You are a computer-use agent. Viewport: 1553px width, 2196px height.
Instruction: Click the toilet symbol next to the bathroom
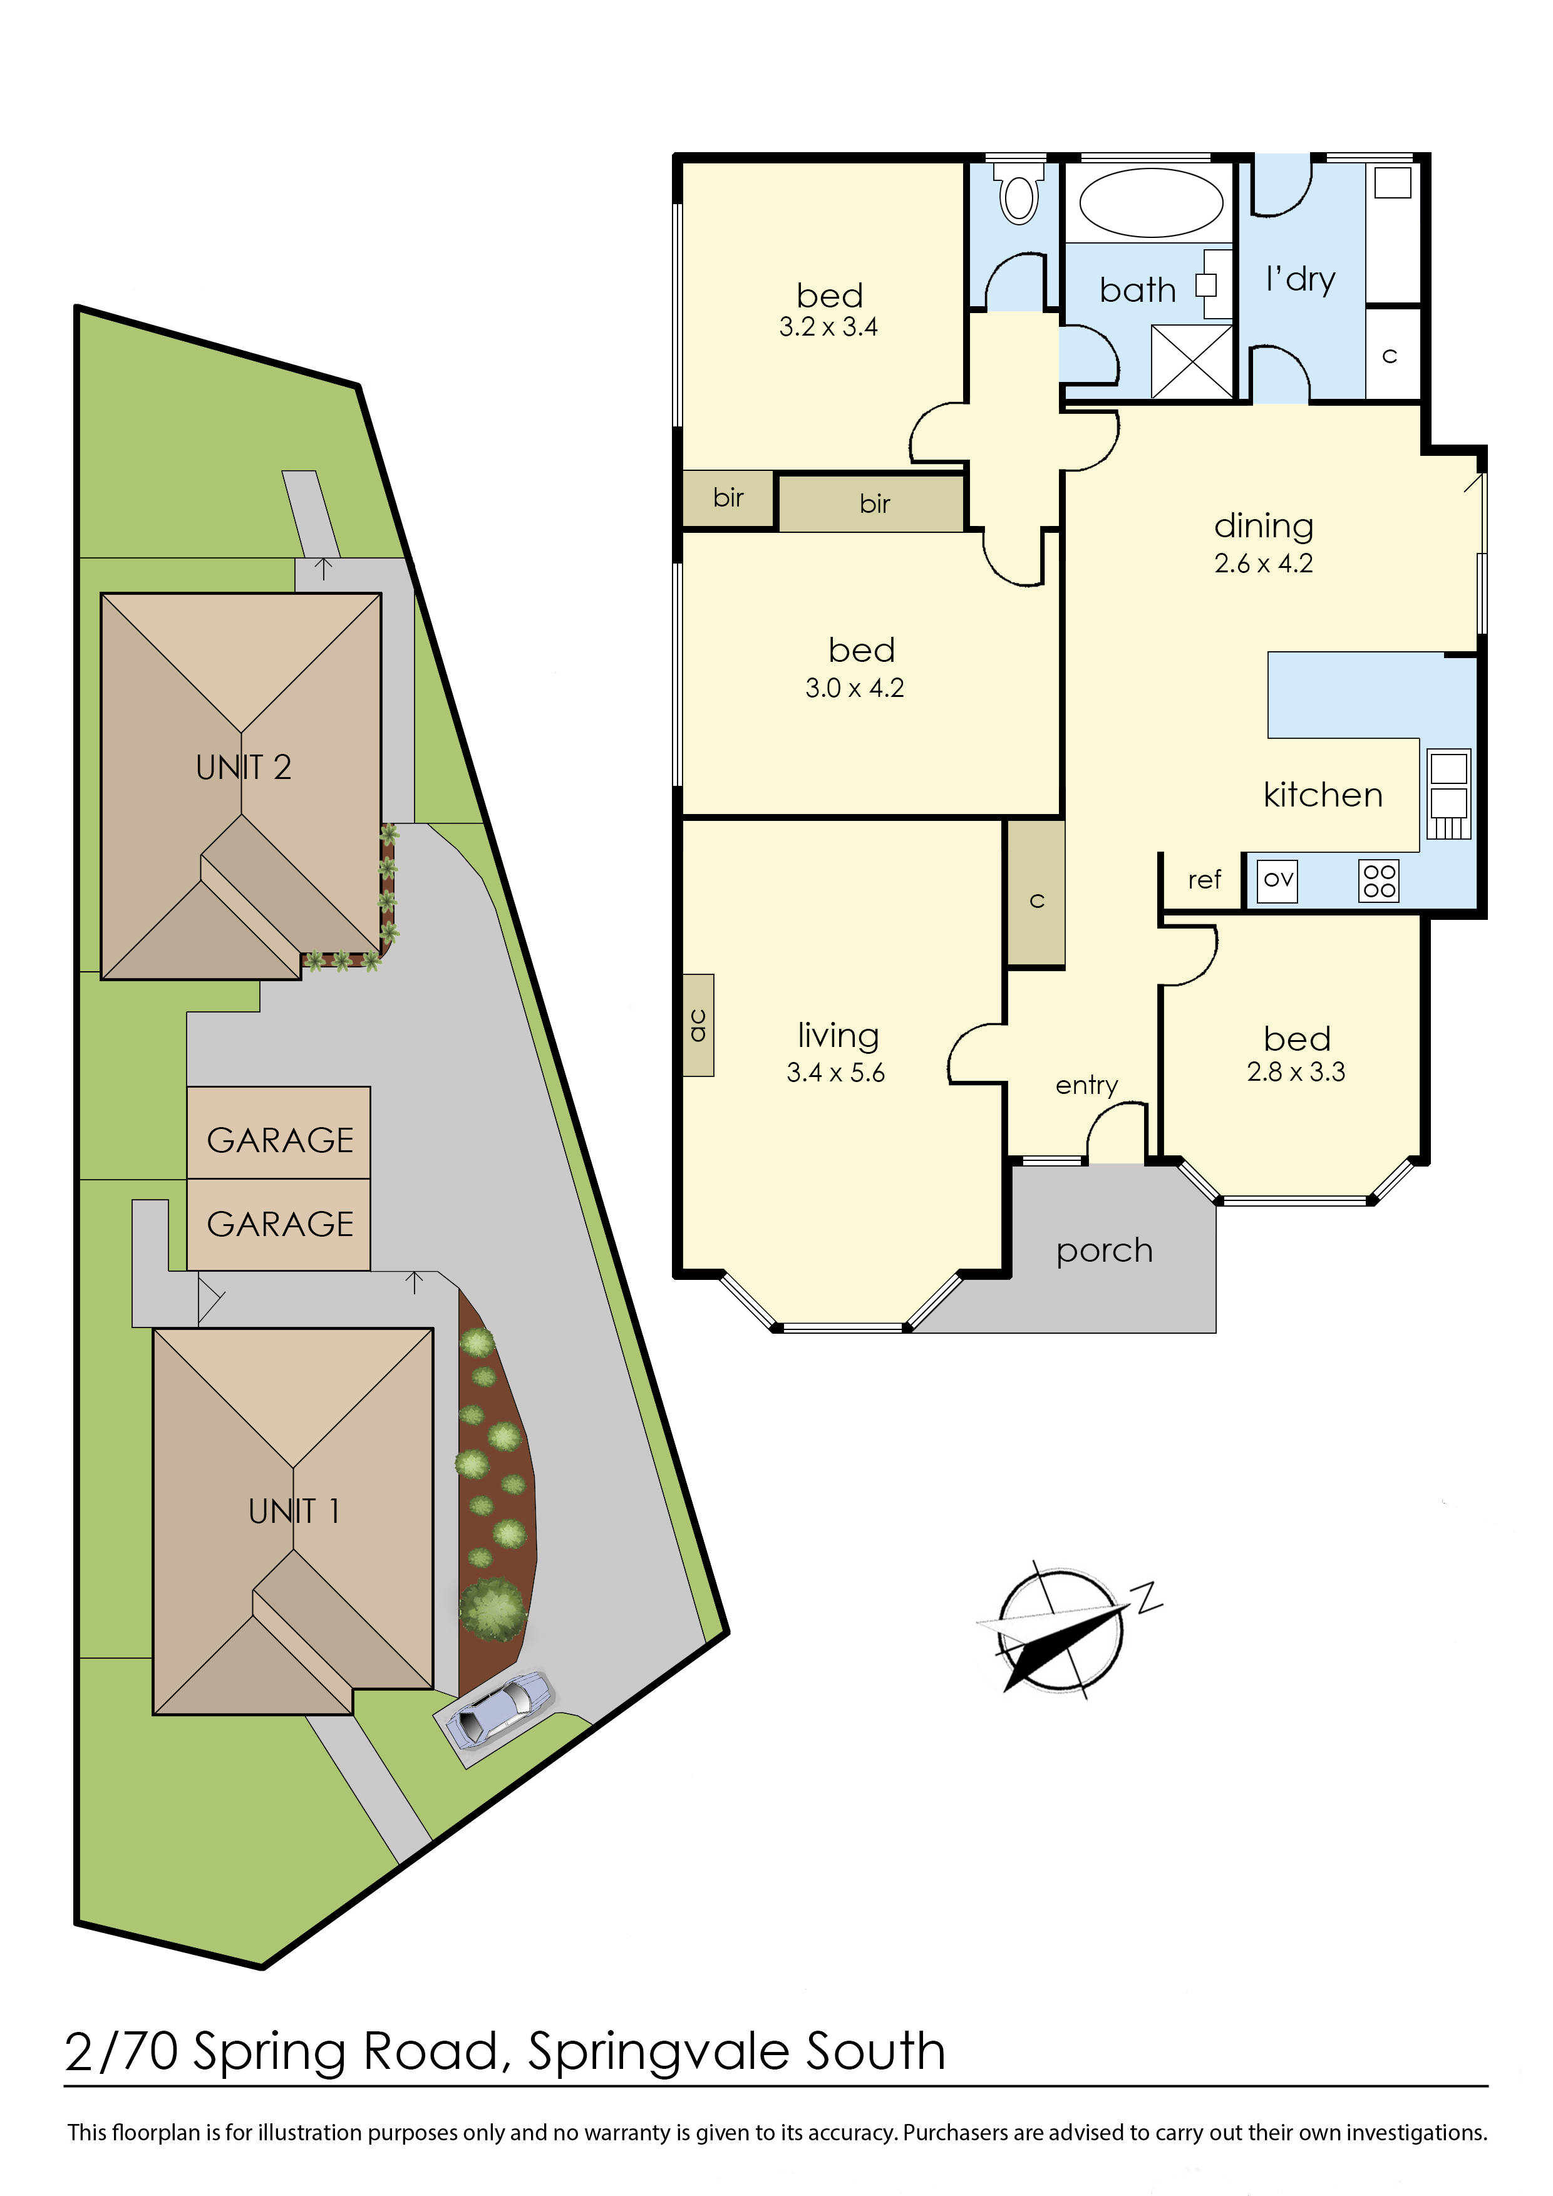[x=1019, y=194]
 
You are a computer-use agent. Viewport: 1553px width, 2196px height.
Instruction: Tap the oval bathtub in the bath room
[x=1150, y=203]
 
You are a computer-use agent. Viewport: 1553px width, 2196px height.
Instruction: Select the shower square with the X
[x=1192, y=361]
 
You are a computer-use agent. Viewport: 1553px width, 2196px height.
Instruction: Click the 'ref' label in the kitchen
[x=1204, y=880]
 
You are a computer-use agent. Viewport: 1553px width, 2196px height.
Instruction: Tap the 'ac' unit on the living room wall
[x=699, y=1025]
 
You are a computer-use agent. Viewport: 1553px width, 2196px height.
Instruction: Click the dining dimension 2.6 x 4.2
[x=1263, y=564]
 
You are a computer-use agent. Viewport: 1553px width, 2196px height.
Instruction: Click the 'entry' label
[x=1086, y=1086]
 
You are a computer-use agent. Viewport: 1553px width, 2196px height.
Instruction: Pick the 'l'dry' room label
[x=1301, y=279]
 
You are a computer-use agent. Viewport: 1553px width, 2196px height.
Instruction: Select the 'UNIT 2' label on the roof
[x=243, y=767]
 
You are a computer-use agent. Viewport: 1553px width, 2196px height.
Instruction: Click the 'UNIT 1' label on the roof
[x=294, y=1511]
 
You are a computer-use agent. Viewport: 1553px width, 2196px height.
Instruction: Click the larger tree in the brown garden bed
[x=492, y=1610]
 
